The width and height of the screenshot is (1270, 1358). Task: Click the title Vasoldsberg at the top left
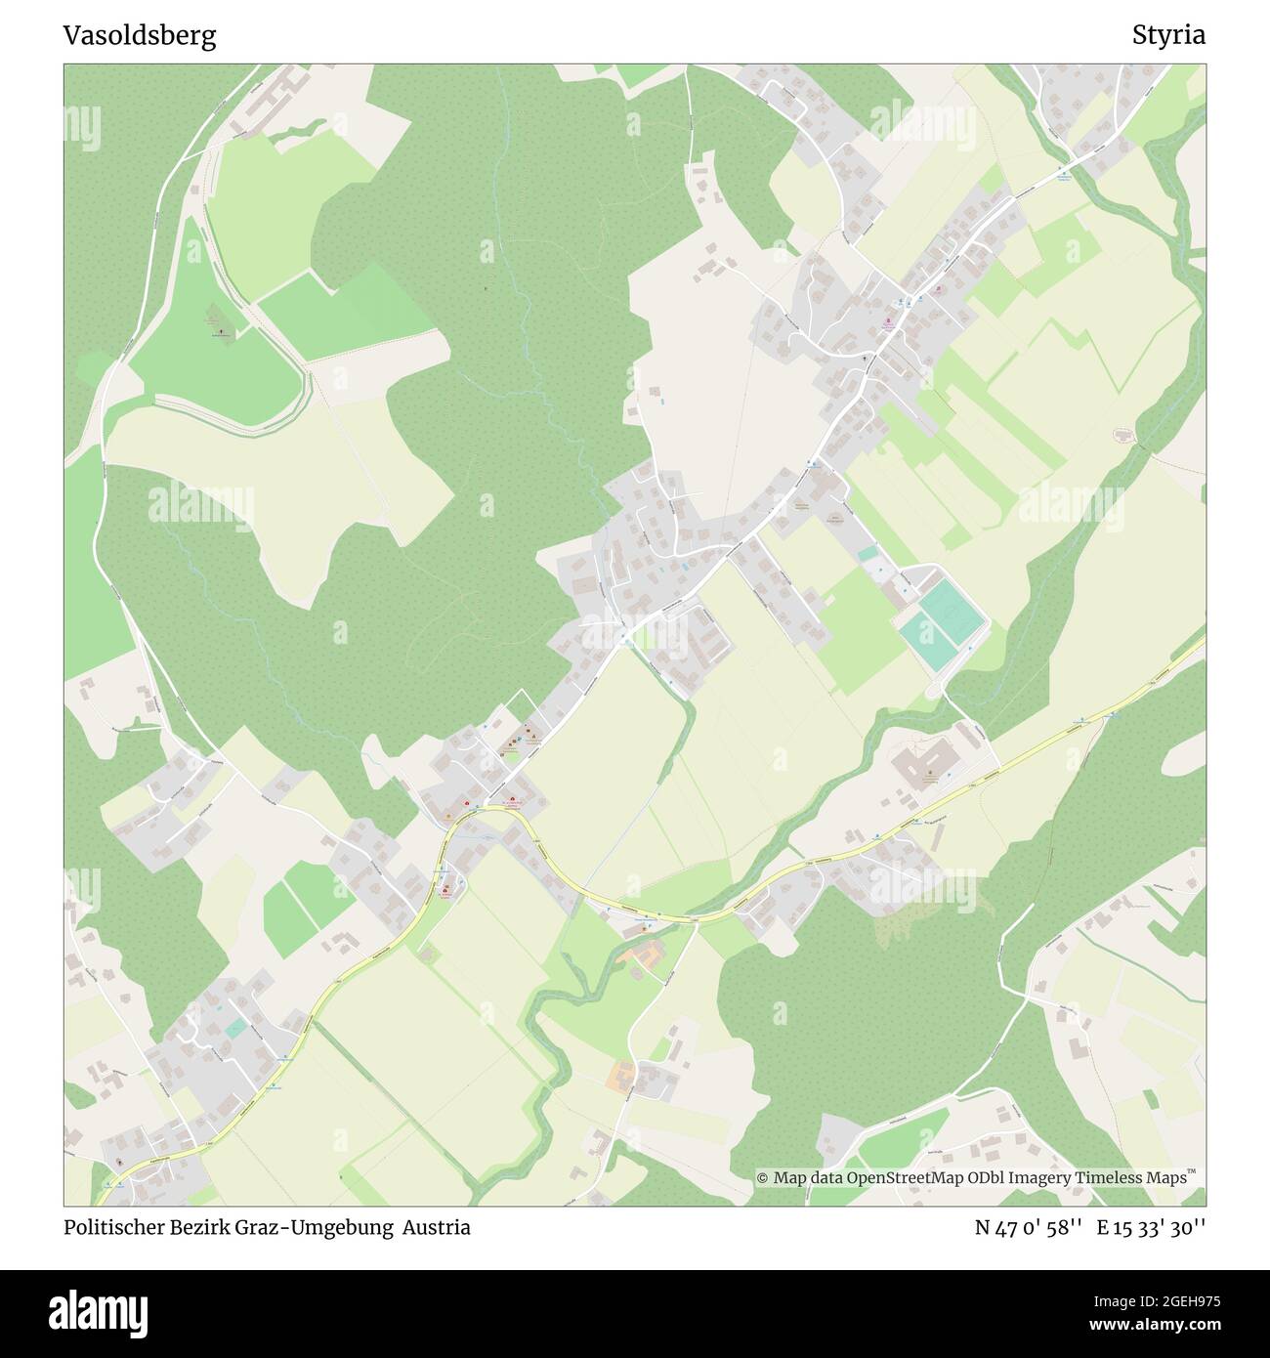pos(140,36)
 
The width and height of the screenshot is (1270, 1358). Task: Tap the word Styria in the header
pos(1168,36)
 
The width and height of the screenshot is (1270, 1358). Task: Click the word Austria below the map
pos(440,1228)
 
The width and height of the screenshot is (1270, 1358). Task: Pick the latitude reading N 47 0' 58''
pos(1029,1228)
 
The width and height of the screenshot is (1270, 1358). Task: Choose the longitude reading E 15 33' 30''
pos(1151,1228)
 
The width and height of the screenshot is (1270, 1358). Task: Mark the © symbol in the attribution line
pos(763,1178)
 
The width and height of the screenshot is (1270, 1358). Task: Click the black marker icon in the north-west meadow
pos(221,332)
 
